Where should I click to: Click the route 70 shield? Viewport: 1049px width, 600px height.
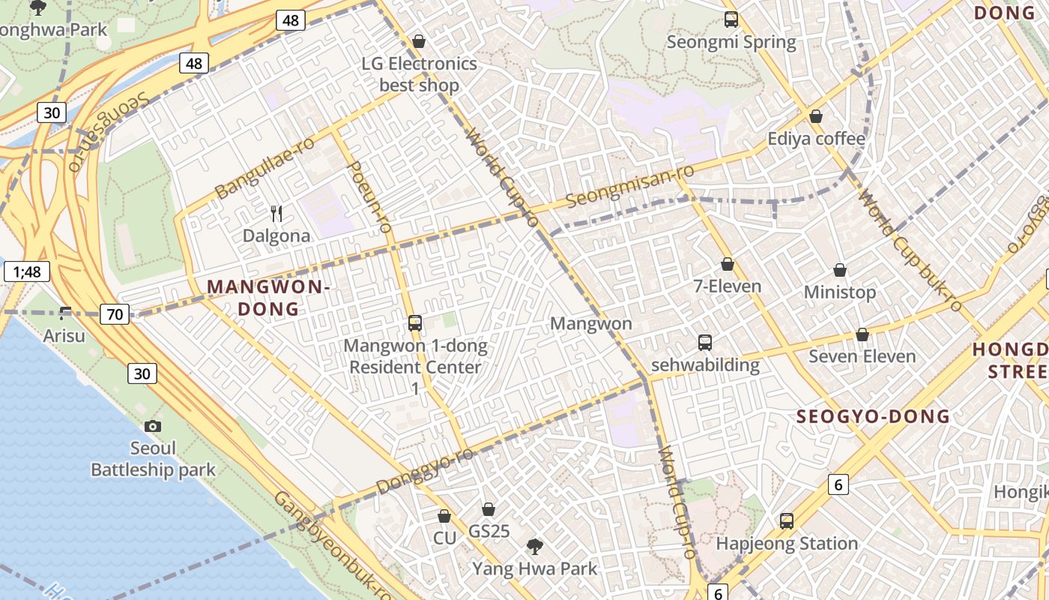tap(115, 314)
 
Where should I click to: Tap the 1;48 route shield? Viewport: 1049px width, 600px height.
tap(26, 271)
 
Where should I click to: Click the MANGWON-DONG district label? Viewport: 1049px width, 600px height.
tap(268, 298)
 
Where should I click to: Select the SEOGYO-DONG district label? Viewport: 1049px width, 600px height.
tap(873, 417)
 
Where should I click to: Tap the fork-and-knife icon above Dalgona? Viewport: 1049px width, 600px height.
tap(276, 214)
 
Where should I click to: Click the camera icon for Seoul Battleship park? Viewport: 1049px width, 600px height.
tap(153, 426)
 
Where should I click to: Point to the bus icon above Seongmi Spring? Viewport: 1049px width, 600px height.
tap(731, 20)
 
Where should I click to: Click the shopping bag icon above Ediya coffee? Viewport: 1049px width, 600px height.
tap(816, 116)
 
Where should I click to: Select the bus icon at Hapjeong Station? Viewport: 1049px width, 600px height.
tap(787, 520)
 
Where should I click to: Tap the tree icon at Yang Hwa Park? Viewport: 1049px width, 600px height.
tap(534, 546)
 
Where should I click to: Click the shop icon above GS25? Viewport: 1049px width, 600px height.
tap(489, 510)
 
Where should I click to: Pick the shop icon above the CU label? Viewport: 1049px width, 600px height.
tap(444, 517)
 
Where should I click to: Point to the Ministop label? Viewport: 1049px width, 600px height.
tap(840, 292)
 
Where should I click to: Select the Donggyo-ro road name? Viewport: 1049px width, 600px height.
tap(425, 472)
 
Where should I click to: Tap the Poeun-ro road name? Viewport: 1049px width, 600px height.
tap(371, 196)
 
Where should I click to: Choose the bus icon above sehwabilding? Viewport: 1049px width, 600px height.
tap(705, 343)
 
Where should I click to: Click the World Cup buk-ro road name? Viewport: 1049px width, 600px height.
tap(910, 251)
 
